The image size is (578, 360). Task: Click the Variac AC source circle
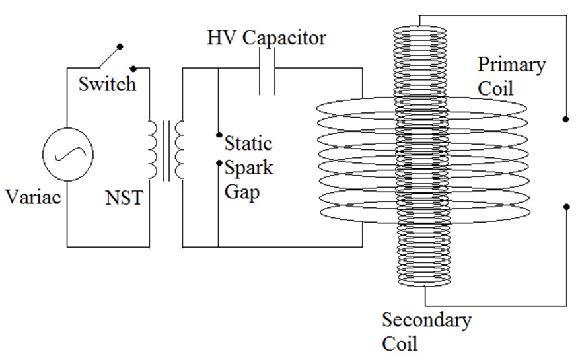(67, 154)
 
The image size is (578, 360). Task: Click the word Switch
(106, 84)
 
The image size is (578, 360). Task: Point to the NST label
(123, 197)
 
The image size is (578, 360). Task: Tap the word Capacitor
(284, 38)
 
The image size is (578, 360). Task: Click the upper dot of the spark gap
(219, 135)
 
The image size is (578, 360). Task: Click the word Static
(248, 142)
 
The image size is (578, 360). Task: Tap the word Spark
(248, 167)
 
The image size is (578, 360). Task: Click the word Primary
(511, 66)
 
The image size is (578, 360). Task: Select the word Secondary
(427, 320)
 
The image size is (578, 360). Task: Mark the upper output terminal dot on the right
(565, 119)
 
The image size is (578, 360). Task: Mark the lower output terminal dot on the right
(565, 206)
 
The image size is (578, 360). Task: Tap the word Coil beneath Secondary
(400, 344)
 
